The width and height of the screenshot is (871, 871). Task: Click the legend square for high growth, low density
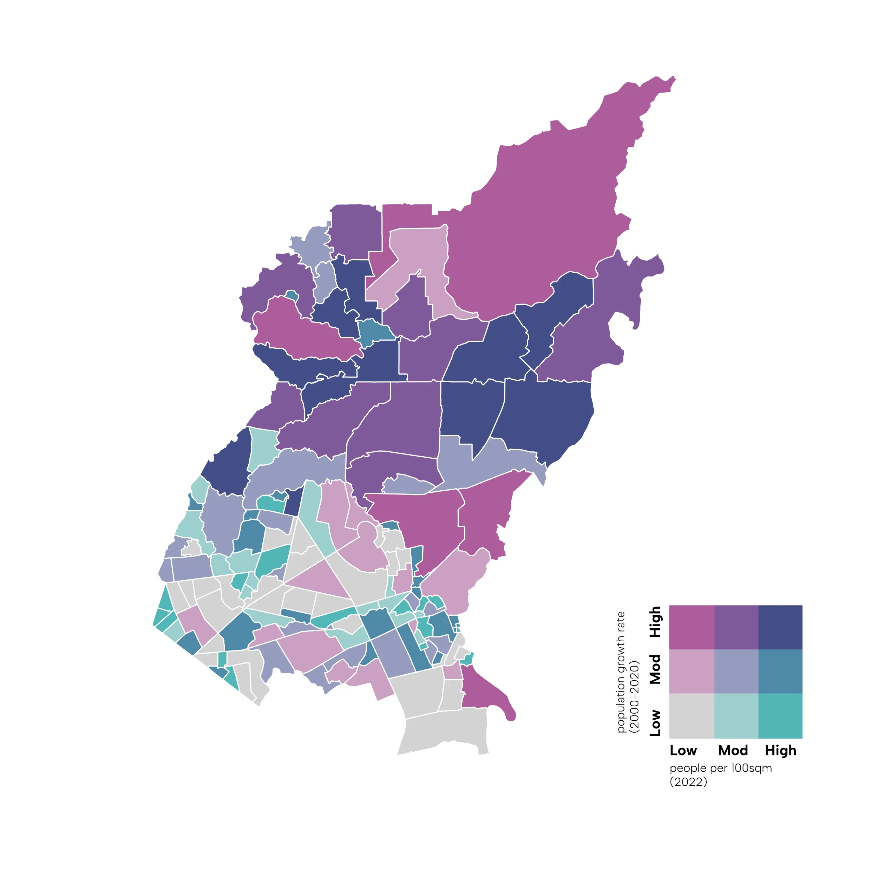tap(691, 627)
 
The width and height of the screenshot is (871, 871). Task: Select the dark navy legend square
tap(780, 627)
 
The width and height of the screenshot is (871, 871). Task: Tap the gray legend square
tap(691, 715)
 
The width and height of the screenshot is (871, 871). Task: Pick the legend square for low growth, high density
tap(780, 715)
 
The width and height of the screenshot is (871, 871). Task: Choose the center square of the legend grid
tap(736, 671)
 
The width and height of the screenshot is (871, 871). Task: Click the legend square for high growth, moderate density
tap(736, 627)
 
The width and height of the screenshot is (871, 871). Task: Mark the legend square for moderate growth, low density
tap(691, 671)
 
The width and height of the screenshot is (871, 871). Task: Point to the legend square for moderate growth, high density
tap(780, 671)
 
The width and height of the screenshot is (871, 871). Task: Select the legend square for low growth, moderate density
tap(736, 715)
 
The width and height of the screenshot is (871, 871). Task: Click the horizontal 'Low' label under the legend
tap(683, 751)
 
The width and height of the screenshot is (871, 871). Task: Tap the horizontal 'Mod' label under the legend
tap(733, 751)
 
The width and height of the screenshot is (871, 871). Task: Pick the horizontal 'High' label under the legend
tap(780, 751)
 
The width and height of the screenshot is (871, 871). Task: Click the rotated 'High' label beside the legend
tap(655, 622)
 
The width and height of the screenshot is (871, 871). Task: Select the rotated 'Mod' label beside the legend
tap(655, 669)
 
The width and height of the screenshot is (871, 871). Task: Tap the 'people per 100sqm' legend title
tap(720, 768)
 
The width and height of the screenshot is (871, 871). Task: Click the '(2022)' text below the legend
tap(688, 782)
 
